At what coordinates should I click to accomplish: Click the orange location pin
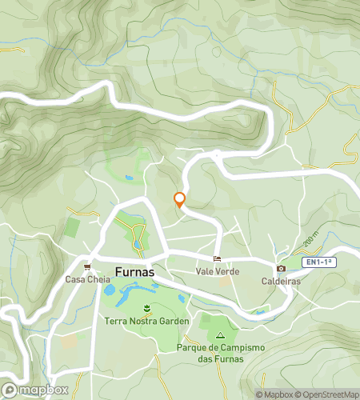180,200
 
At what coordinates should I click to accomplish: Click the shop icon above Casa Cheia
86,267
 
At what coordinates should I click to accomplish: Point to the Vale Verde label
217,272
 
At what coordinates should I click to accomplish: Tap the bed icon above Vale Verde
217,259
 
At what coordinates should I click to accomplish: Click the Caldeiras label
280,282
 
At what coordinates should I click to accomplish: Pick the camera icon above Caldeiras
280,269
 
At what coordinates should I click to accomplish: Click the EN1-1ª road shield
318,262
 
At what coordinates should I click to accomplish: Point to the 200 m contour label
311,239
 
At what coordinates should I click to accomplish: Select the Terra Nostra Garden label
146,321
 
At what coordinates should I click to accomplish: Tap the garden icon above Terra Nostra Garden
146,308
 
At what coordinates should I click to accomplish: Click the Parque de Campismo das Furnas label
220,353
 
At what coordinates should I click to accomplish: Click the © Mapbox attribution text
274,394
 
